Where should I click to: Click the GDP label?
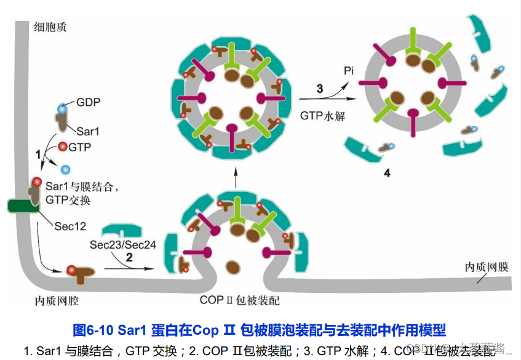pos(89,102)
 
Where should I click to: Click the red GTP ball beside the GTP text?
pos(63,146)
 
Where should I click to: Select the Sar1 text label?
pos(89,130)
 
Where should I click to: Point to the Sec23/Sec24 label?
pos(122,244)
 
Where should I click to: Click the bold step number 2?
pos(129,258)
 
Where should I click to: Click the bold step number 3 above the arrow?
pos(319,89)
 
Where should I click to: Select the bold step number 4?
pos(387,173)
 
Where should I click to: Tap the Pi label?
pos(348,71)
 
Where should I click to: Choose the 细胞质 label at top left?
pos(47,26)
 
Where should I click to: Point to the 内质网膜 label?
pos(486,267)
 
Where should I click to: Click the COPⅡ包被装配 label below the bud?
pos(240,300)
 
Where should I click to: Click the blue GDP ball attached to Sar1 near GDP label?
pos(62,110)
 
